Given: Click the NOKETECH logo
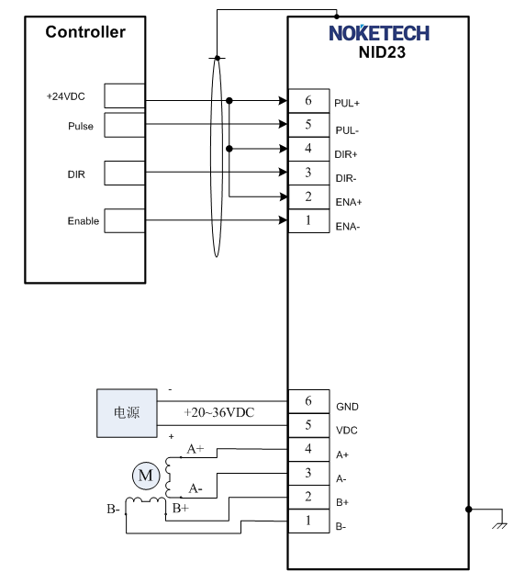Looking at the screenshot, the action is (379, 33).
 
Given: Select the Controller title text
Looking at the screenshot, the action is (85, 32).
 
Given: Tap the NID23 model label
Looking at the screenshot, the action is (382, 52).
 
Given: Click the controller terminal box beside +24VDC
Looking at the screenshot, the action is (125, 95).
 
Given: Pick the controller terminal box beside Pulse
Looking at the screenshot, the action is (125, 125).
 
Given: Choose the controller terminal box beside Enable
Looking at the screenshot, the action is (125, 221).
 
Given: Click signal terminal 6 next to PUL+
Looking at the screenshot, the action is (309, 101).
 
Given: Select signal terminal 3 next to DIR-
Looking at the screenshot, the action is (309, 173).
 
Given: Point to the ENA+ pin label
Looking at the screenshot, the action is (349, 202).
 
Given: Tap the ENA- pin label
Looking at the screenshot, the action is (348, 227).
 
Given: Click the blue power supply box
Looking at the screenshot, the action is (127, 413).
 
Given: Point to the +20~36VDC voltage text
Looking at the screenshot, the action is (219, 412).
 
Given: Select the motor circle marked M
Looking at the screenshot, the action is (146, 476).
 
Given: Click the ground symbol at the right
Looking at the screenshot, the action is (499, 526).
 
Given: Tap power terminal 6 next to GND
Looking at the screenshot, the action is (309, 401).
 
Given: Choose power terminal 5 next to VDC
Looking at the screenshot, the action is (309, 425).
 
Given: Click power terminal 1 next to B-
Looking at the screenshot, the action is (309, 521).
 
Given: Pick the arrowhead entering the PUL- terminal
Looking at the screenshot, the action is (283, 124).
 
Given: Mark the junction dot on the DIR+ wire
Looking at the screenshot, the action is (229, 149).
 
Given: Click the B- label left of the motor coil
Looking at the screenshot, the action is (113, 509).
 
